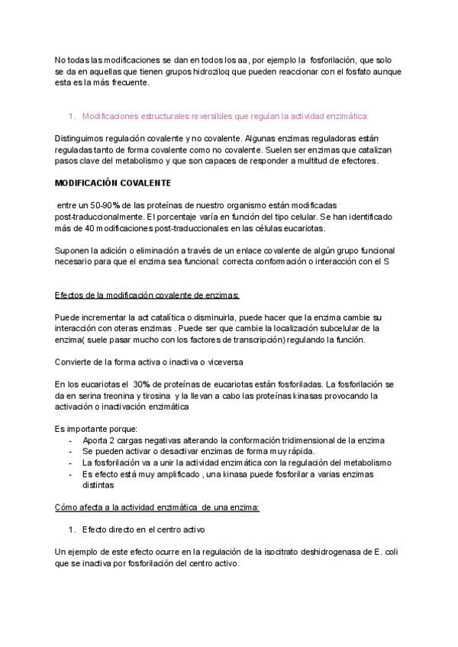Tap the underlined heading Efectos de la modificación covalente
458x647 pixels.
(147, 295)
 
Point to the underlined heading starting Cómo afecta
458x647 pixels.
(157, 507)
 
